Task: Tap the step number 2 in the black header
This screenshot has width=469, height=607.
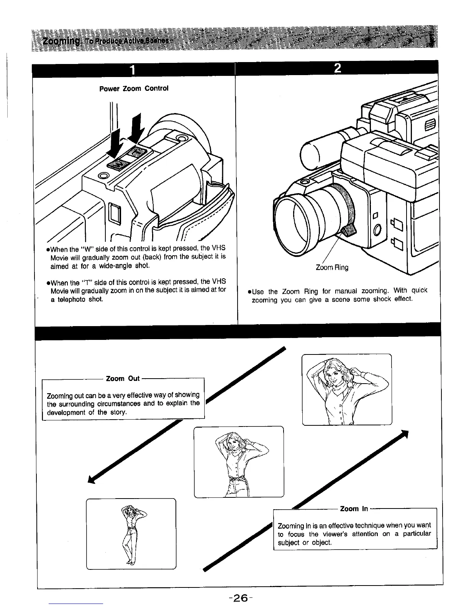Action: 338,68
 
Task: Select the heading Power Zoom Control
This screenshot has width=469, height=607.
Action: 134,89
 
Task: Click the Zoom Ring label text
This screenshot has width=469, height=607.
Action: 332,267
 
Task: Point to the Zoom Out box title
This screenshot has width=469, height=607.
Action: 123,379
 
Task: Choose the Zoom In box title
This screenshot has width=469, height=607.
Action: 354,509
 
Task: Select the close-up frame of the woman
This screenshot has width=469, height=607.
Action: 347,389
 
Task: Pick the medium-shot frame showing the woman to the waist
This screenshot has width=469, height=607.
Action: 239,462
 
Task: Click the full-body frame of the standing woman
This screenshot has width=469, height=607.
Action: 131,534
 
